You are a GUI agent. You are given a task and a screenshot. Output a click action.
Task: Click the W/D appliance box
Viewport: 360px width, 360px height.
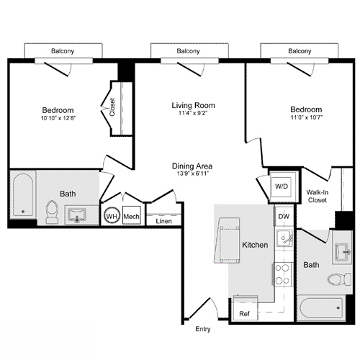(280, 186)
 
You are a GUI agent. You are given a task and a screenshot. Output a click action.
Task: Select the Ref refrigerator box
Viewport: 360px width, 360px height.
(244, 314)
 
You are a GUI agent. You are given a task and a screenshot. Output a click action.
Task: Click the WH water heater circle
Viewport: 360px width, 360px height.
(112, 216)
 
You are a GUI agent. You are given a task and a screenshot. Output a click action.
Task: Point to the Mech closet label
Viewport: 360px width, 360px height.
(131, 216)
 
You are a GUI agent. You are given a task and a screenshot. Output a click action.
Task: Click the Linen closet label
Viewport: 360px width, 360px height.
(163, 221)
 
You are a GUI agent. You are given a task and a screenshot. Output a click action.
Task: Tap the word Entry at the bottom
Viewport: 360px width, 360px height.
(204, 330)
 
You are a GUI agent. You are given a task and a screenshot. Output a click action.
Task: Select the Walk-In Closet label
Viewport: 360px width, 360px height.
(318, 196)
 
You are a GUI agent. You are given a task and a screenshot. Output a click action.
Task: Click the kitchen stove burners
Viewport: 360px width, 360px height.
(282, 274)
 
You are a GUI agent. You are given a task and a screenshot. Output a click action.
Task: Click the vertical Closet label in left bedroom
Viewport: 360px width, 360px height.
(113, 108)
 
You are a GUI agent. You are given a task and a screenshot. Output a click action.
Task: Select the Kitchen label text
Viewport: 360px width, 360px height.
(256, 245)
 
